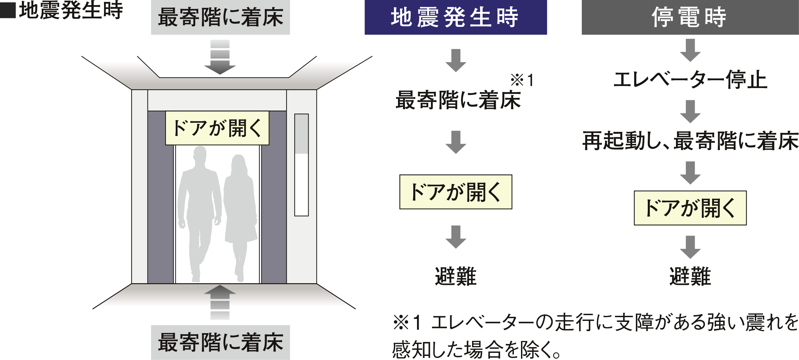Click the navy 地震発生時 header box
click(x=455, y=17)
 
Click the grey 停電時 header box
click(x=690, y=17)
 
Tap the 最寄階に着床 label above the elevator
click(x=220, y=17)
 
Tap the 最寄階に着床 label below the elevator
click(x=220, y=342)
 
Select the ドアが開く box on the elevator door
click(x=217, y=128)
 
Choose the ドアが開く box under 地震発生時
click(x=455, y=192)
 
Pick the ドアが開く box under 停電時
click(x=690, y=208)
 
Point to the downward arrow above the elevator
click(x=220, y=58)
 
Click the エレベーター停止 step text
click(x=690, y=80)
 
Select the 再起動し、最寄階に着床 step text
click(x=690, y=141)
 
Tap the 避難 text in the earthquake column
click(x=455, y=276)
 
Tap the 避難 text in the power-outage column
click(x=690, y=276)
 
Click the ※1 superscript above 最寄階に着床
click(x=522, y=81)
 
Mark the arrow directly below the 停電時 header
click(x=690, y=50)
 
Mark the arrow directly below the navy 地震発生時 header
click(x=456, y=61)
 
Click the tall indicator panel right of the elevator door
click(x=301, y=165)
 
